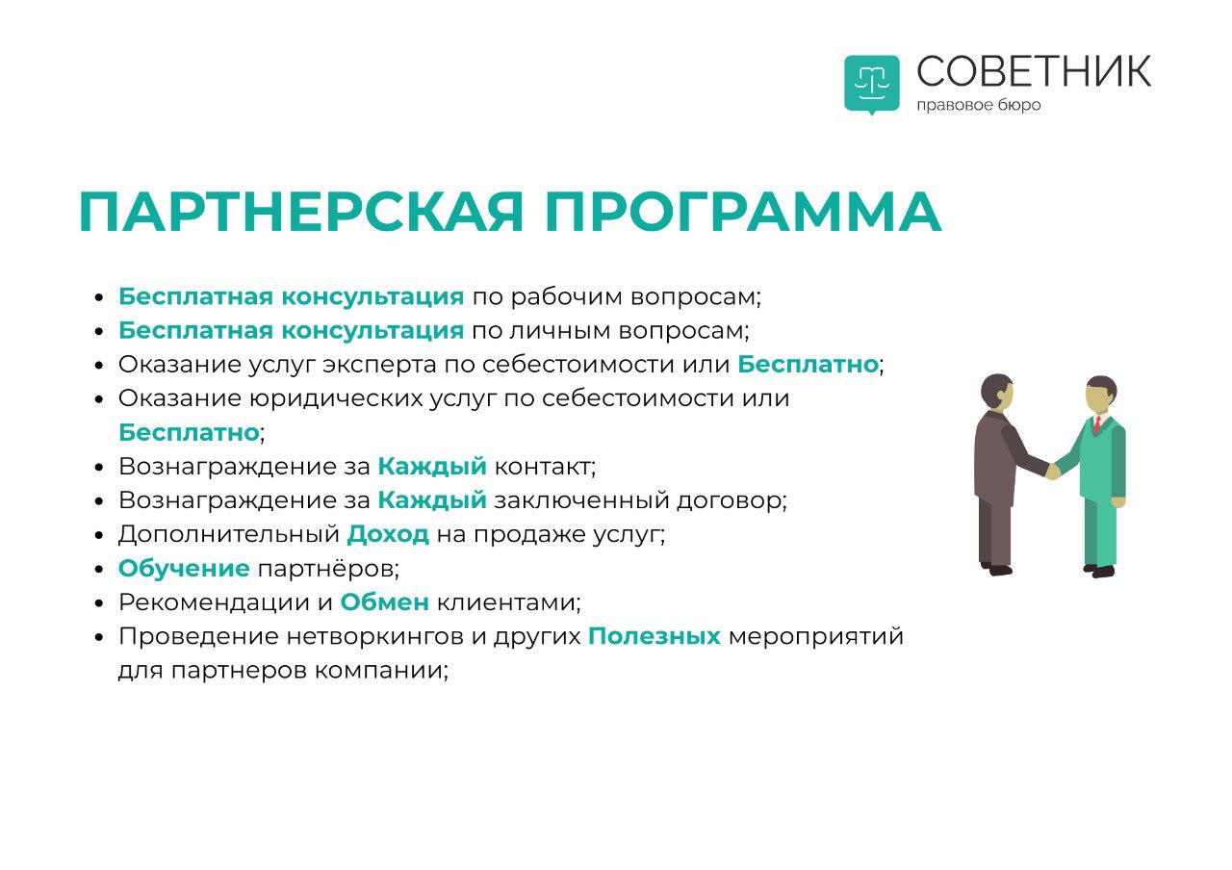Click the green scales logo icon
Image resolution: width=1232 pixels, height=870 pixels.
872,84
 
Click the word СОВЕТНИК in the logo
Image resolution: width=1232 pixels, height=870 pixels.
1034,71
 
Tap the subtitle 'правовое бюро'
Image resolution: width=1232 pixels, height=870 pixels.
979,105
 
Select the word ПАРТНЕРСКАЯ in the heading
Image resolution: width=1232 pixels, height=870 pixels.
300,212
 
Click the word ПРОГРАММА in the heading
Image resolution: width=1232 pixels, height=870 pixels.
744,212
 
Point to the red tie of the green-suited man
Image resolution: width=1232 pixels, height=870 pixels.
1097,424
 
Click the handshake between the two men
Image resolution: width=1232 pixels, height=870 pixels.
1053,472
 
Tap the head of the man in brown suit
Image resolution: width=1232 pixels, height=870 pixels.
996,392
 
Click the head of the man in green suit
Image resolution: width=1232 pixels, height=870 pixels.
1100,394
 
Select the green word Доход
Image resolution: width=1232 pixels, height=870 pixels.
388,534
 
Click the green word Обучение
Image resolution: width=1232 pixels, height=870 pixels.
184,569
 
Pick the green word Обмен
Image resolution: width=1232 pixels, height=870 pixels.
384,602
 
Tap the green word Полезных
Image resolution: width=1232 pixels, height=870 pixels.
654,637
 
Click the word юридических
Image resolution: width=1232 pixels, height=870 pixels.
336,399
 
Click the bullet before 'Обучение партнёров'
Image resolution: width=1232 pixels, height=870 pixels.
99,569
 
